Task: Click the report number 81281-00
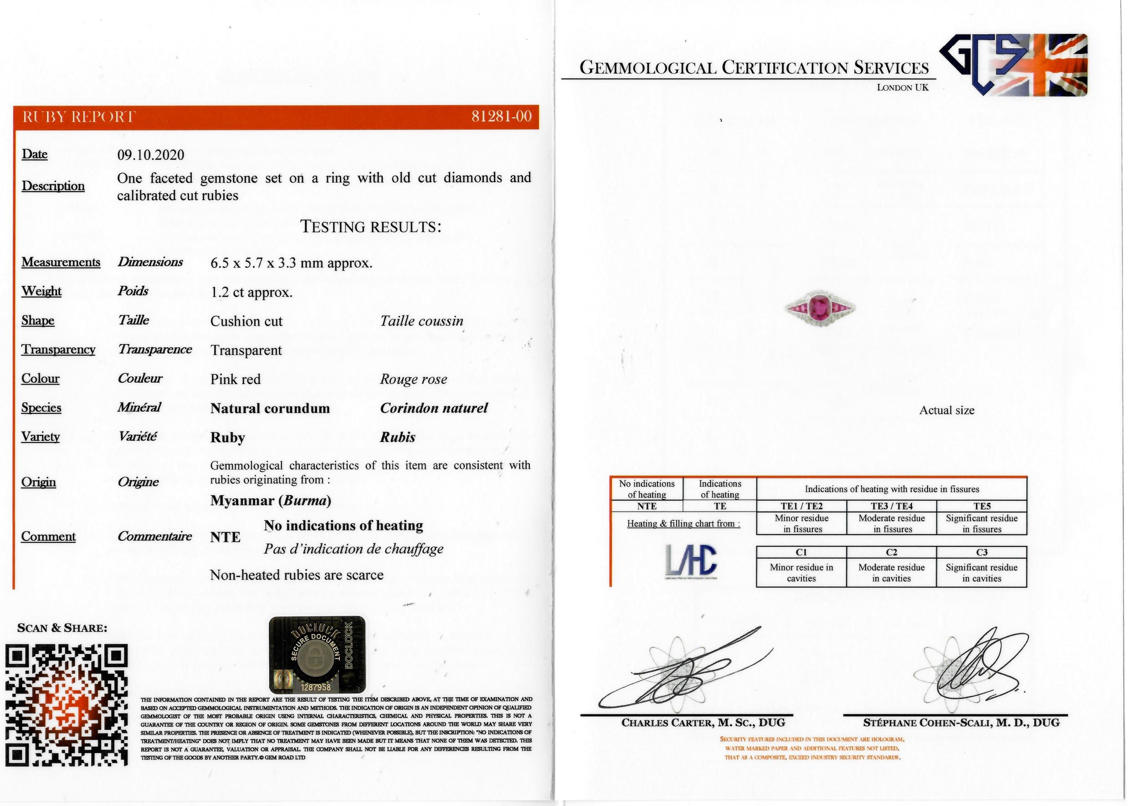point(501,117)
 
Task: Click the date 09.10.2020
point(150,155)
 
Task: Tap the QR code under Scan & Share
point(67,705)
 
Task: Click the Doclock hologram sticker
point(317,655)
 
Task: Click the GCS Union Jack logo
point(1014,65)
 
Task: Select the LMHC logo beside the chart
point(690,563)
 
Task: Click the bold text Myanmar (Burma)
point(271,500)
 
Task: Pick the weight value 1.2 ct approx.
point(251,293)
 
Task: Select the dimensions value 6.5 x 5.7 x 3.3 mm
point(291,263)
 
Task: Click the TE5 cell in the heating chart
point(981,506)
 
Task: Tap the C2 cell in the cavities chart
point(891,552)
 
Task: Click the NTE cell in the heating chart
point(646,506)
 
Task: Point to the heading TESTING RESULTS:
point(370,227)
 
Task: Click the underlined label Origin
point(38,483)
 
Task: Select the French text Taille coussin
point(421,321)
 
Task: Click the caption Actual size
point(946,411)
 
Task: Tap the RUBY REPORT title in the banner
point(79,117)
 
